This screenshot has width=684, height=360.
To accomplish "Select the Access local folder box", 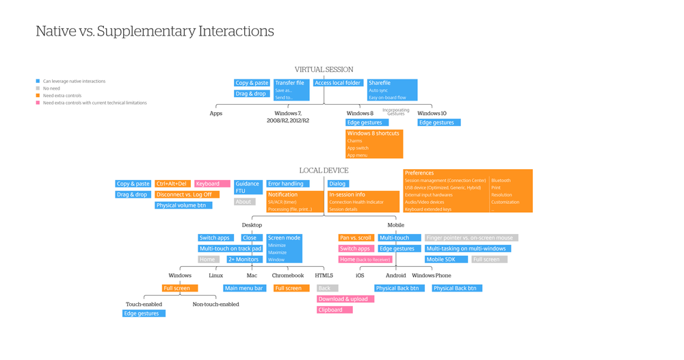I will (x=337, y=83).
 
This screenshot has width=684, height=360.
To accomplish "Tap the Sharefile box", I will (x=391, y=83).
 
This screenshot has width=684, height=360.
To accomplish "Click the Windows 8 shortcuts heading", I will (x=373, y=133).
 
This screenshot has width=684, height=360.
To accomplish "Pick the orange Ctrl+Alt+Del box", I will (x=172, y=183).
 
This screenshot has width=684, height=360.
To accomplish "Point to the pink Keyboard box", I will (x=211, y=183).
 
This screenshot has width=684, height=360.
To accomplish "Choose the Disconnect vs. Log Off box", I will (x=187, y=194).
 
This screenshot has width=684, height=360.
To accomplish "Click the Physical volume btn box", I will (x=183, y=205).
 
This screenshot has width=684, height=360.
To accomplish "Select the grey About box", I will (x=244, y=202).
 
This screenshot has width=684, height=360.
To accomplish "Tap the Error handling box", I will (x=287, y=183).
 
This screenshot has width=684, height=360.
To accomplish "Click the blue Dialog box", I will (x=338, y=183).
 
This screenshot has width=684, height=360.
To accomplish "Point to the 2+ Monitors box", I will (x=244, y=259).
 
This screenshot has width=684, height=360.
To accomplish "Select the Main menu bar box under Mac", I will (x=244, y=288).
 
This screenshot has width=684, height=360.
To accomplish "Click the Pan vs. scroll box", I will (x=356, y=237).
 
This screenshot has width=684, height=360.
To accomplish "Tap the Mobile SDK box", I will (x=446, y=259).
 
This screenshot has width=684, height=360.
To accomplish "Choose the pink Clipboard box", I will (x=334, y=310).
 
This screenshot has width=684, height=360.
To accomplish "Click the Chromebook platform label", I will (x=288, y=276).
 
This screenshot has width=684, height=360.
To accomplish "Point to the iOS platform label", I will (x=360, y=276).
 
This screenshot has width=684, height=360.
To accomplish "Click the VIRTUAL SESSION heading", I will (x=324, y=70).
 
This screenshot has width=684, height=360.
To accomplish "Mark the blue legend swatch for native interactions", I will (x=38, y=81).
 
